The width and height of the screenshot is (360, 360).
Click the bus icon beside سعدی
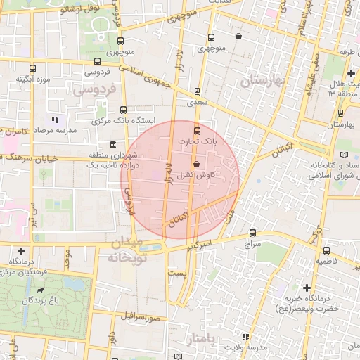196,91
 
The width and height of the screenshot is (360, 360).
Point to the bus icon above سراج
252,233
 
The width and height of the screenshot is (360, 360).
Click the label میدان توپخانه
127,250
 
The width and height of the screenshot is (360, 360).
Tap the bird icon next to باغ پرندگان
43,290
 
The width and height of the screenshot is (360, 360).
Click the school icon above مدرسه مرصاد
55,120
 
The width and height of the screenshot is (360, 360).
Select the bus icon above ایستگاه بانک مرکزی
124,110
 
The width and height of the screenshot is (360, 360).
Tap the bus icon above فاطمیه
326,250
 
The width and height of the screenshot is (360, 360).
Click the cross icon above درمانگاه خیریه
307,288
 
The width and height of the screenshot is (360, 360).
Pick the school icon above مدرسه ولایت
245,337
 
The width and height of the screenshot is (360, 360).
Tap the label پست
177,272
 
